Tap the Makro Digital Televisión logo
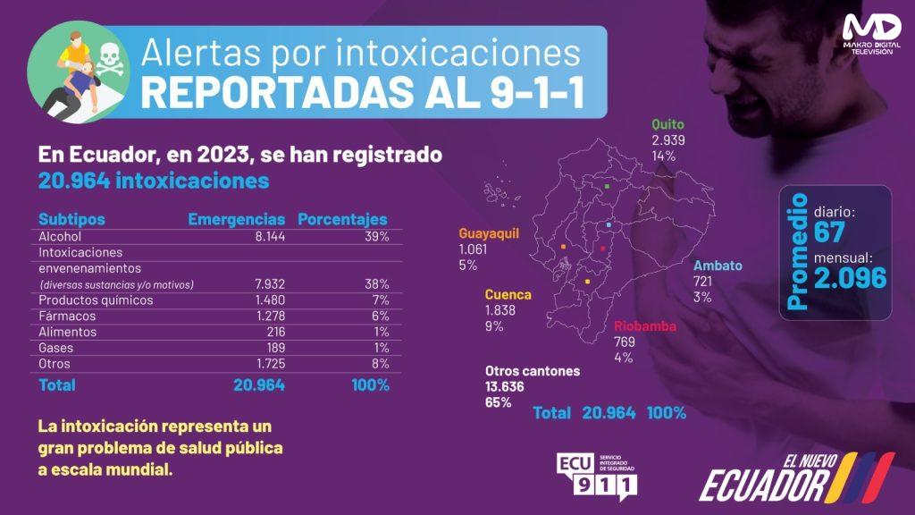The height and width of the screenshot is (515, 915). [872, 35]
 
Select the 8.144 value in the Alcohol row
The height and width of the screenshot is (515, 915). [270, 236]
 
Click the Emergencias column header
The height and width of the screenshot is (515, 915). [236, 219]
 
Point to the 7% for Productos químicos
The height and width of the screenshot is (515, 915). [381, 300]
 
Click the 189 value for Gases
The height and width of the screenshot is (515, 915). [275, 348]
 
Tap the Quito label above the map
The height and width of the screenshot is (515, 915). [667, 123]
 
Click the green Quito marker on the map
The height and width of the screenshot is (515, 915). [607, 187]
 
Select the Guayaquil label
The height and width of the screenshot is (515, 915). [489, 233]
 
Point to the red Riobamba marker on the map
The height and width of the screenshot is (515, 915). [603, 249]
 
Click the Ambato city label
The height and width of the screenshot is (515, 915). [718, 266]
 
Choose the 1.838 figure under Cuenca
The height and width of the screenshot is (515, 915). [500, 310]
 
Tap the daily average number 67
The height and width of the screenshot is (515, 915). [828, 232]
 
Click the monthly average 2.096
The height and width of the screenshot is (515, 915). [851, 278]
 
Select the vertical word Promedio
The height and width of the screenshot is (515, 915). [797, 251]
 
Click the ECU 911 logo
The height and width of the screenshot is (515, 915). [597, 477]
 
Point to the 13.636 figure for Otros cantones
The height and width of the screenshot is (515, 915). [504, 386]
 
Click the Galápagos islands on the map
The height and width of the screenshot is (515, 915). [500, 192]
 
